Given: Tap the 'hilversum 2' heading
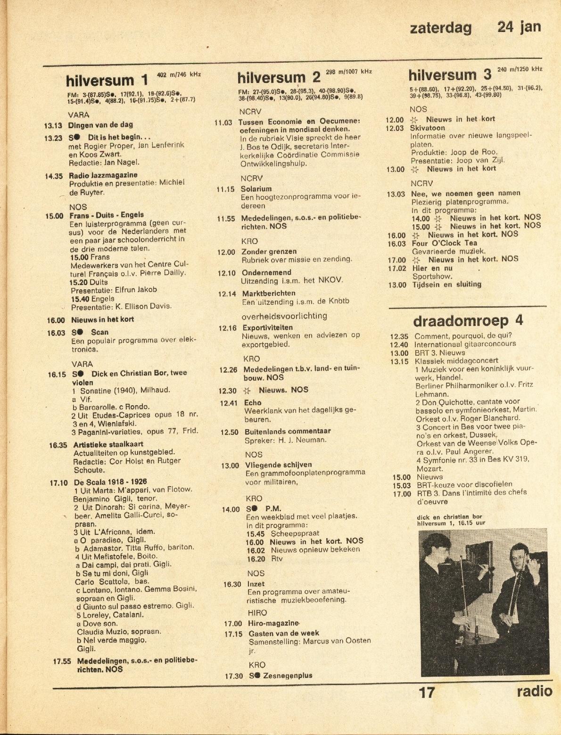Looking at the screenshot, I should click(x=279, y=77).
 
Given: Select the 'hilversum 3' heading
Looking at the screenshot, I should click(x=449, y=75).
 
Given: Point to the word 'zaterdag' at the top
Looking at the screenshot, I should click(x=441, y=28).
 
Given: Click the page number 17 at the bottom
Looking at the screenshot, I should click(x=427, y=692).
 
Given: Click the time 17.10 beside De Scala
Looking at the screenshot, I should click(x=59, y=482).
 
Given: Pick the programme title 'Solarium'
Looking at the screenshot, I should click(x=256, y=189).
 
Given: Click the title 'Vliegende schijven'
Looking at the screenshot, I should click(x=278, y=465).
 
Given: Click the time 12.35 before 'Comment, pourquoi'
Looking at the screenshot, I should click(x=399, y=336).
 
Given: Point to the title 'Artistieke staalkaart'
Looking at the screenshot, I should click(x=108, y=444).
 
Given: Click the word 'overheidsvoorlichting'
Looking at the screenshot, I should click(x=284, y=316).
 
